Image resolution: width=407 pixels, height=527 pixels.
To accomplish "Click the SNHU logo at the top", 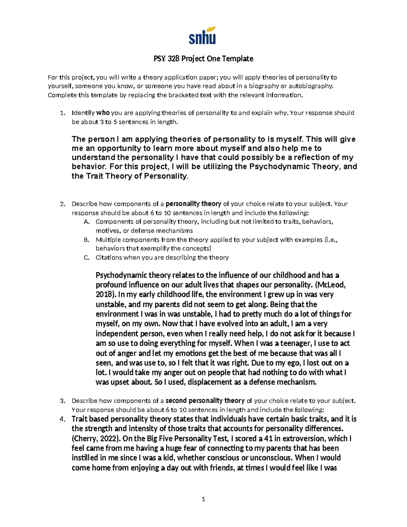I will tap(202, 35).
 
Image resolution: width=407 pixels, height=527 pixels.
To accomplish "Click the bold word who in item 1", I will tap(103, 113).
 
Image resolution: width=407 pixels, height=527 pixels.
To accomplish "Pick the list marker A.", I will tap(86, 222).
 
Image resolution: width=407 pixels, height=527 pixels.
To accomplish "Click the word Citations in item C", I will tap(109, 258).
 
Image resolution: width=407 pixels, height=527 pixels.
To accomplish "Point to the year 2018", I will tap(104, 295).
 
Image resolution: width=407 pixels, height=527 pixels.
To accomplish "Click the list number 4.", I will tap(62, 419).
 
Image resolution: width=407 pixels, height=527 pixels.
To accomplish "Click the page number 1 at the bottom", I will tap(203, 499).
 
